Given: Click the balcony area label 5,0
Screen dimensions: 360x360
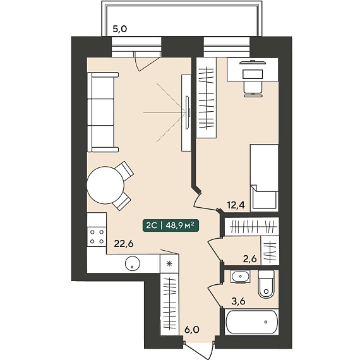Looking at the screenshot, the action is [119, 29].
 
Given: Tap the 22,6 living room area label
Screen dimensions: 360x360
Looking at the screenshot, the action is [124, 244].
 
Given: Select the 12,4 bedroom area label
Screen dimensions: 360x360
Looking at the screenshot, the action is [236, 205].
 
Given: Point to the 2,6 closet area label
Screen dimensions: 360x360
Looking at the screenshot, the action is [250, 259].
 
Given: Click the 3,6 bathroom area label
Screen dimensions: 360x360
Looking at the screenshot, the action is [238, 301].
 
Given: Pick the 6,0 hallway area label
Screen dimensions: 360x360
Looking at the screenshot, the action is [192, 330].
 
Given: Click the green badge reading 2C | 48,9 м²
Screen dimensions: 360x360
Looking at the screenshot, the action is [171, 225].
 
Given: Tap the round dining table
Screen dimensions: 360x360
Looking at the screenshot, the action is [105, 185].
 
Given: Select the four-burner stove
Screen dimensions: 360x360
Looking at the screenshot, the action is [97, 237].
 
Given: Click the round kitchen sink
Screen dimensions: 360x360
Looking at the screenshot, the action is [133, 263].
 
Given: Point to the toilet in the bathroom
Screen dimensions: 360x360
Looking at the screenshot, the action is [267, 284].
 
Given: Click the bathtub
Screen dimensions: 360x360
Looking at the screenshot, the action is [252, 321].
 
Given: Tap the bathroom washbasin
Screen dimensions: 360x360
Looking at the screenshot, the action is [240, 277].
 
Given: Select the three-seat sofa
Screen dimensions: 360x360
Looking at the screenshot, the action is [102, 112].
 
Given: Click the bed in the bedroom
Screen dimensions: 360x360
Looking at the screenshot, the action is [264, 177].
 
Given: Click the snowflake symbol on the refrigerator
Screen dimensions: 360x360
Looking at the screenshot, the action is [169, 263].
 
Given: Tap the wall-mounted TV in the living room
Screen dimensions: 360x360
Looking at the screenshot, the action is [188, 112].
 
